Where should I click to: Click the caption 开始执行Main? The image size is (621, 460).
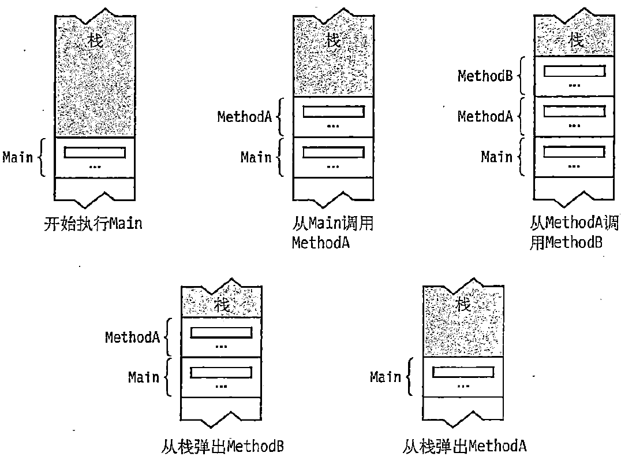(x=92, y=223)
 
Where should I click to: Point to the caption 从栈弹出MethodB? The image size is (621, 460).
(x=222, y=446)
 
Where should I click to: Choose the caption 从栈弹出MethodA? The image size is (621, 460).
(x=465, y=446)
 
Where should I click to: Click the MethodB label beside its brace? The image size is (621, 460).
(x=485, y=76)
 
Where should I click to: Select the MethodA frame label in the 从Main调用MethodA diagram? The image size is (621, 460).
(x=244, y=116)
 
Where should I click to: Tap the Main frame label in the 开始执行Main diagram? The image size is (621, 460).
(x=18, y=157)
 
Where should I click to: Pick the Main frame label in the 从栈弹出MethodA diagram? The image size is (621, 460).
(x=386, y=377)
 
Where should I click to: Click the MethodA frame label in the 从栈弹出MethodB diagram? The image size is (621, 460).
(x=132, y=337)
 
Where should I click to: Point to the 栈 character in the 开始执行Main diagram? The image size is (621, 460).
(x=95, y=40)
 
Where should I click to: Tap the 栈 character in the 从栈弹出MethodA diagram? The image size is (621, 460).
(x=463, y=305)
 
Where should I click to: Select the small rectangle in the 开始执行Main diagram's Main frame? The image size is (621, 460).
(x=95, y=153)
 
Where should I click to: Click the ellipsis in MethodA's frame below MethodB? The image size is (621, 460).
(x=574, y=124)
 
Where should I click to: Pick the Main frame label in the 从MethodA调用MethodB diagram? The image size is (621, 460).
(x=497, y=157)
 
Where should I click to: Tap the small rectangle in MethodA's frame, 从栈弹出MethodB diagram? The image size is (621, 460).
(x=221, y=333)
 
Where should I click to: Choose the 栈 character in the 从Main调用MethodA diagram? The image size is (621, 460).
(x=334, y=40)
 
